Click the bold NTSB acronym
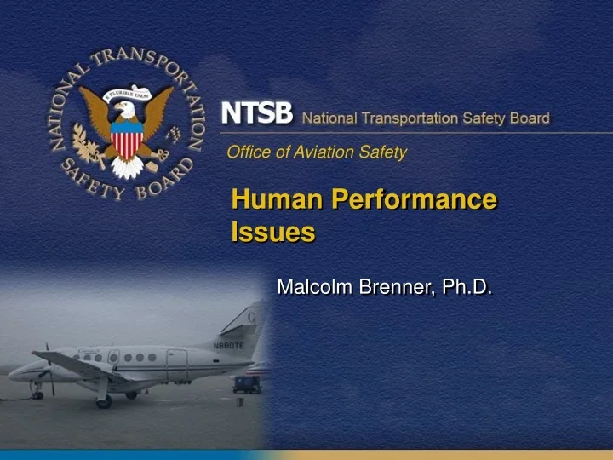[257, 113]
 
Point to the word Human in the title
[277, 200]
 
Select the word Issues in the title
[272, 232]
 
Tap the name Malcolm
[315, 288]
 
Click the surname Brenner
[398, 288]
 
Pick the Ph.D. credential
[467, 288]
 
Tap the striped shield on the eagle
[127, 140]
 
